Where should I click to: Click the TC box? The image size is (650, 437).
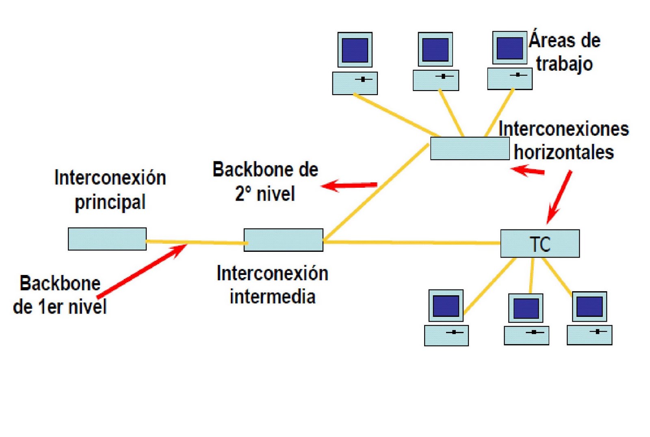(540, 244)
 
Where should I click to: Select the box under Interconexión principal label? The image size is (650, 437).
(107, 239)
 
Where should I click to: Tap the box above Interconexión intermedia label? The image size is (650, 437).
(283, 240)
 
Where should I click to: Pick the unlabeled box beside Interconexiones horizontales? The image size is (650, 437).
(470, 148)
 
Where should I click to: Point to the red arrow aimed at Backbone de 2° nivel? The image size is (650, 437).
(349, 186)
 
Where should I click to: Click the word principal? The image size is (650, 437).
(110, 202)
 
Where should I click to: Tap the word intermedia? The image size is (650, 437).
(273, 296)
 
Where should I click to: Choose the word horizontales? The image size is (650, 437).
(563, 153)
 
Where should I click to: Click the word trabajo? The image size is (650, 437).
(564, 64)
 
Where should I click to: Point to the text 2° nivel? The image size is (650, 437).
(265, 193)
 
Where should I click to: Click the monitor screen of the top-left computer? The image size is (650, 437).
(355, 50)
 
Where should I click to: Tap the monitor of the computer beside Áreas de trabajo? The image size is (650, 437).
(510, 48)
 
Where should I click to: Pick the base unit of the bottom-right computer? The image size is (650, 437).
(589, 335)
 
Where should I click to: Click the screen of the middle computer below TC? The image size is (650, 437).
(526, 308)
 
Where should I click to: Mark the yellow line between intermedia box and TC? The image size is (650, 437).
(410, 242)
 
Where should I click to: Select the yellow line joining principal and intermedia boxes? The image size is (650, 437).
(195, 242)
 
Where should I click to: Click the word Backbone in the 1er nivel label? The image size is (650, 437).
(60, 283)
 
